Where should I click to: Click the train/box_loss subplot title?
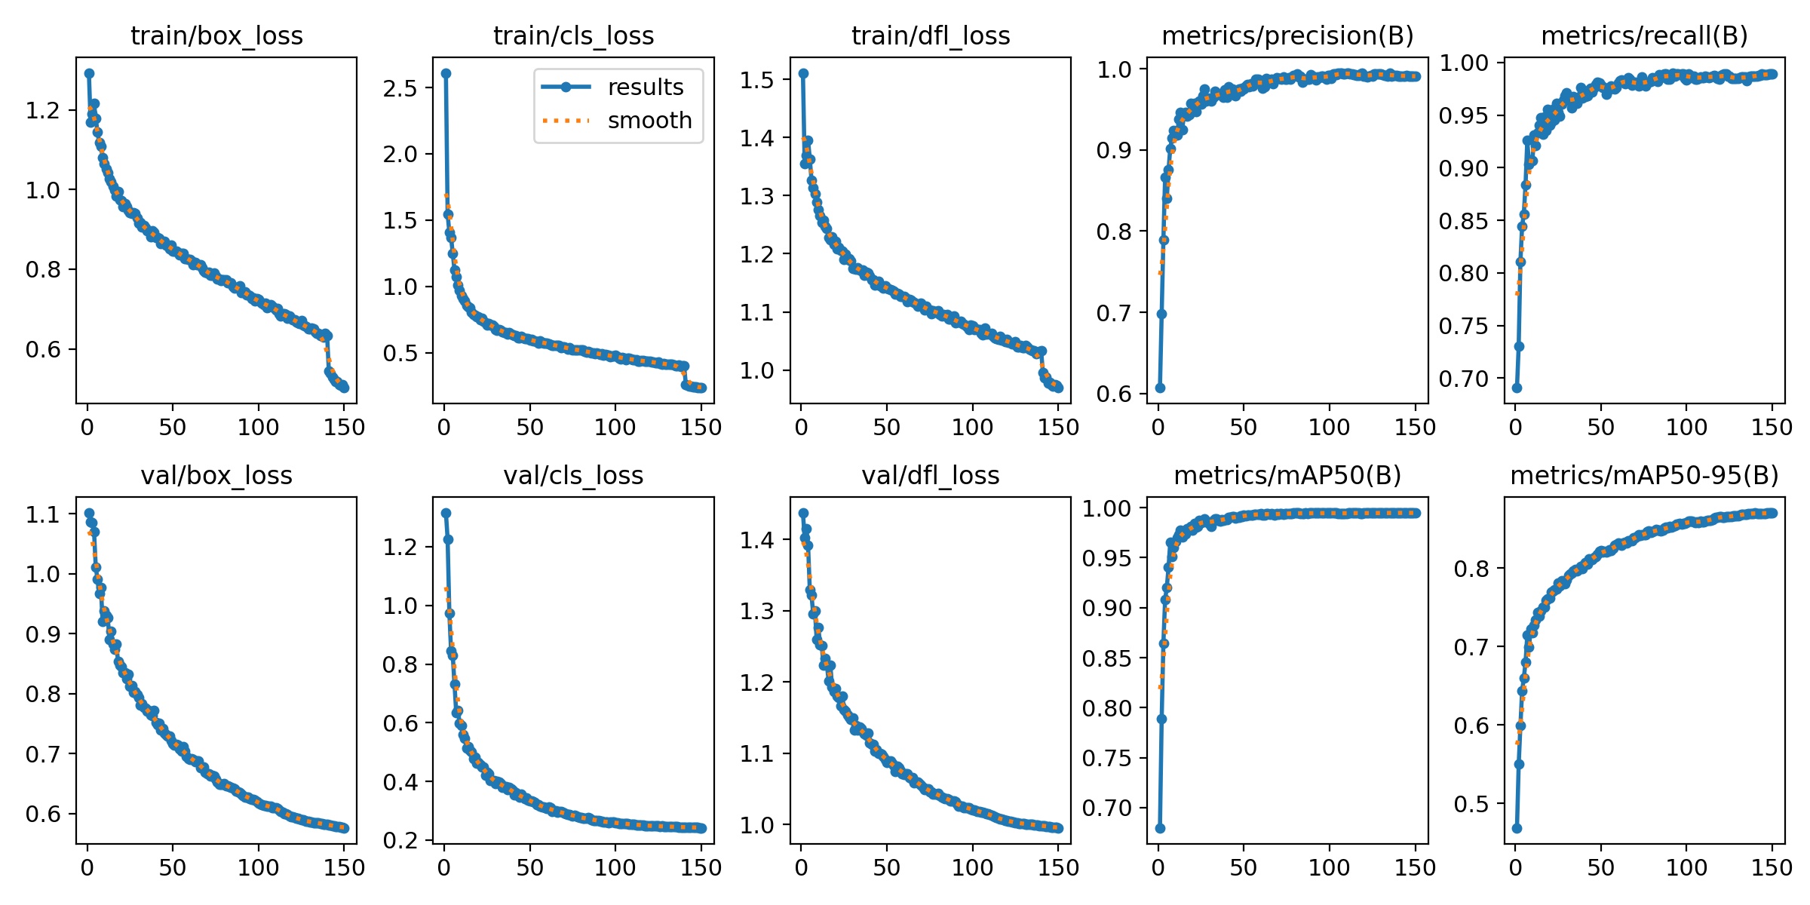(x=216, y=35)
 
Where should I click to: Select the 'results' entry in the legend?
(x=645, y=87)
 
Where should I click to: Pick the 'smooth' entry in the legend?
(x=649, y=121)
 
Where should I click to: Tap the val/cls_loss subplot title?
(x=573, y=475)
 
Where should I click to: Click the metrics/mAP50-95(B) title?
(x=1644, y=475)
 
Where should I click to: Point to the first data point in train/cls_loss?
(x=446, y=73)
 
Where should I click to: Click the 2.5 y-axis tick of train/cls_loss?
(x=400, y=88)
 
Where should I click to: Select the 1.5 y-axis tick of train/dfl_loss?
(x=756, y=79)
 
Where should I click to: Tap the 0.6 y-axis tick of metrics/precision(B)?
(x=1114, y=394)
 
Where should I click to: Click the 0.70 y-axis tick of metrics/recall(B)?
(x=1464, y=379)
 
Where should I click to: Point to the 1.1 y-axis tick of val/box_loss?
(x=42, y=514)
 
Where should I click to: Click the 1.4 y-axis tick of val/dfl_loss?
(x=756, y=540)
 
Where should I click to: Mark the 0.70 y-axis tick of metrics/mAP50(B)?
(x=1107, y=808)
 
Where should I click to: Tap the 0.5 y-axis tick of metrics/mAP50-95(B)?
(x=1471, y=804)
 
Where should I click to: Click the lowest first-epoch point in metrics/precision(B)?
(x=1160, y=388)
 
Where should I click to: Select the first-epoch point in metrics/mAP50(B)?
(x=1160, y=828)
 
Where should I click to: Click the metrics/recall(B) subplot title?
(x=1644, y=35)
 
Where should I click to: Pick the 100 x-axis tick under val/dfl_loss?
(x=972, y=868)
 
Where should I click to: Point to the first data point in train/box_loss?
(x=89, y=73)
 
